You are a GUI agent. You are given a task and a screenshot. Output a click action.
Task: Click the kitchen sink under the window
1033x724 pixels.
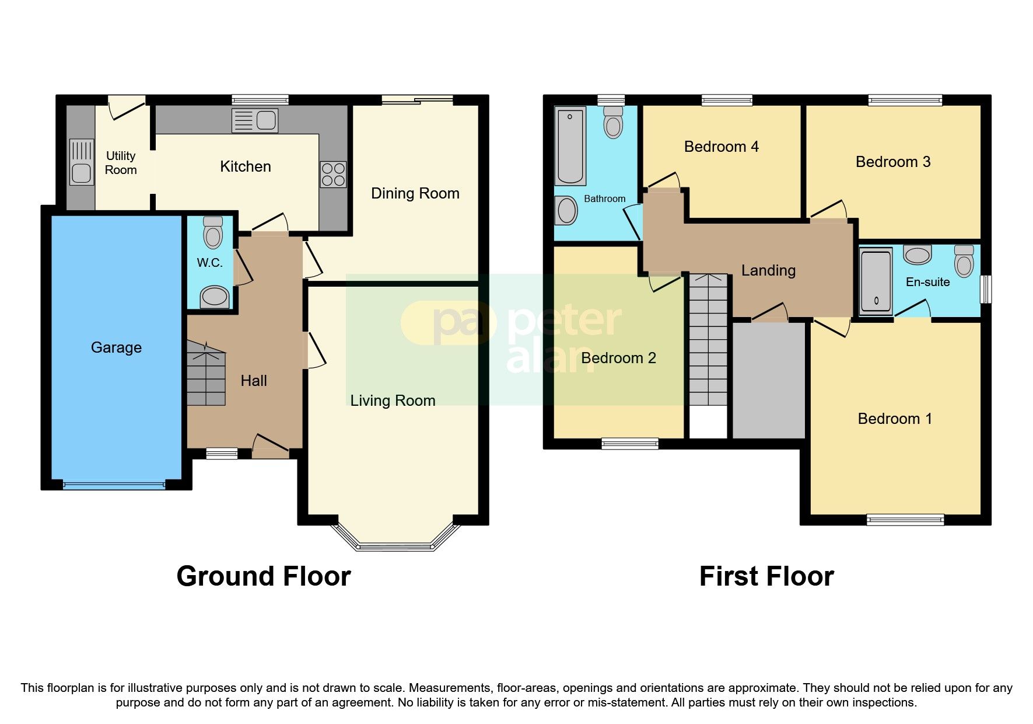(255, 121)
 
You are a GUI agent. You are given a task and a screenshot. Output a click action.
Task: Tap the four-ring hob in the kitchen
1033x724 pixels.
(333, 174)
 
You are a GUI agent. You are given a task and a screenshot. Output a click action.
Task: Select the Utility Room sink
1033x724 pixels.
(82, 162)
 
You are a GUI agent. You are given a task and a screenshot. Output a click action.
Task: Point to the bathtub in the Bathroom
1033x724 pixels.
(570, 146)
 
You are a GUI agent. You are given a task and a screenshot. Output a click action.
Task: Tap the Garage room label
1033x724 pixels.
(116, 347)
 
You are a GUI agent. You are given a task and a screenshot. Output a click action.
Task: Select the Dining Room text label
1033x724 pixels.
(415, 193)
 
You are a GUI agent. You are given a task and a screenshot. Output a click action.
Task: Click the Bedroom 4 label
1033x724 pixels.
(721, 147)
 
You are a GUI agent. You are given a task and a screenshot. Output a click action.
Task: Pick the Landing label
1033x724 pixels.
(768, 270)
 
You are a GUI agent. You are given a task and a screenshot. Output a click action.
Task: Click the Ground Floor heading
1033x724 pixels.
(263, 576)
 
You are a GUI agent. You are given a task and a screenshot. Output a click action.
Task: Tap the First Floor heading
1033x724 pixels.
(766, 576)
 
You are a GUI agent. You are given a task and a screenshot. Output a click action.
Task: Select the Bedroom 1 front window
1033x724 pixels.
(905, 519)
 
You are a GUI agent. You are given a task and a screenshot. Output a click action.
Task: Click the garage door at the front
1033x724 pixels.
(114, 484)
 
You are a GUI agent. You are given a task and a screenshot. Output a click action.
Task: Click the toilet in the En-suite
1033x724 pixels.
(964, 260)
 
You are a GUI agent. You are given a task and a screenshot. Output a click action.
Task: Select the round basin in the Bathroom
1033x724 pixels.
(566, 210)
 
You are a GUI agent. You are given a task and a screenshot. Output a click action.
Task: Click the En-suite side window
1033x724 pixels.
(985, 289)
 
